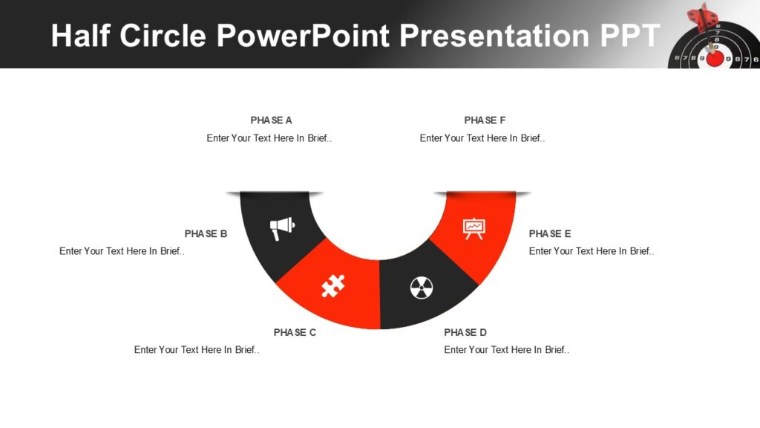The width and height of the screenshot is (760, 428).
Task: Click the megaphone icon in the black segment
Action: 282,227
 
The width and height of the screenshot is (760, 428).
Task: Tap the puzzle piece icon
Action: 333,285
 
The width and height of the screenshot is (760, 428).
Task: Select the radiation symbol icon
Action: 422,288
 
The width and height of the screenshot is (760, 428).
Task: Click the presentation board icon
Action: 474,227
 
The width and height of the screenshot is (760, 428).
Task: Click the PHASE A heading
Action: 271,120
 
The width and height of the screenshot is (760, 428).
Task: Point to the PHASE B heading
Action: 206,234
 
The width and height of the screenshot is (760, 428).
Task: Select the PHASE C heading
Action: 295,333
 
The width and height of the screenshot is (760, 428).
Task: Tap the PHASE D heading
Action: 465,333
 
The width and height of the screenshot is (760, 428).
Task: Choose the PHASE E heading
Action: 550,234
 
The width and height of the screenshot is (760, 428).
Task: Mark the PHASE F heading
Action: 485,120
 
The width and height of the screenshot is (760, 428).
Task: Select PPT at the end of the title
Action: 627,36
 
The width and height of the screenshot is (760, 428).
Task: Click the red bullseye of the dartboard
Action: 714,57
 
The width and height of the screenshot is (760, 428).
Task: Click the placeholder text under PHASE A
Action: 269,138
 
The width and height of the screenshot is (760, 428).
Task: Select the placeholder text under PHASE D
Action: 507,350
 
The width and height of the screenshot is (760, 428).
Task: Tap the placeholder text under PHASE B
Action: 122,251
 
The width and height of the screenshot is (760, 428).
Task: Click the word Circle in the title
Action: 163,36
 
